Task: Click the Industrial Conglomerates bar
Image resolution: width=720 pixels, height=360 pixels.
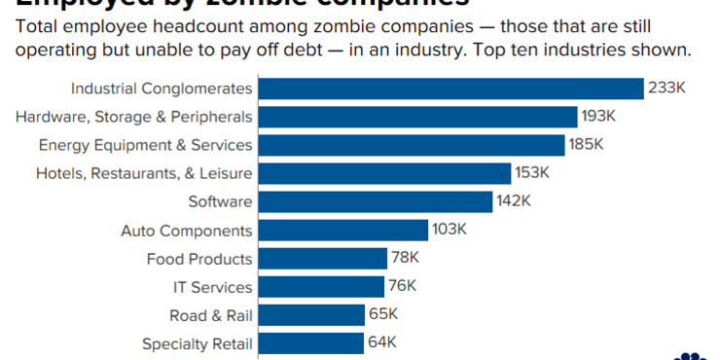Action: click(451, 89)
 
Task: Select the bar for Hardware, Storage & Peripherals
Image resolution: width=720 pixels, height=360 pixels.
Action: click(418, 117)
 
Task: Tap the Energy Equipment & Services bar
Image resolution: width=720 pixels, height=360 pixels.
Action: click(413, 145)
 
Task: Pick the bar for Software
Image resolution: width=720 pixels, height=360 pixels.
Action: click(376, 201)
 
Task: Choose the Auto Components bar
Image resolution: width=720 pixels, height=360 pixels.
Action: click(343, 231)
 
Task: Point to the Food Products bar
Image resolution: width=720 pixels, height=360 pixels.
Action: click(323, 259)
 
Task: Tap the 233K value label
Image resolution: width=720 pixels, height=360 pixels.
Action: click(667, 89)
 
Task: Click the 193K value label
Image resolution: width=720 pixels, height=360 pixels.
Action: click(599, 117)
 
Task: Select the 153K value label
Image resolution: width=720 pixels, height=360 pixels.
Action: click(533, 173)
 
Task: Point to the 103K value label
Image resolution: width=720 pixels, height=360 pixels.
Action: click(450, 231)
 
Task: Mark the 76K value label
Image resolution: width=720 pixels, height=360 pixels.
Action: click(402, 287)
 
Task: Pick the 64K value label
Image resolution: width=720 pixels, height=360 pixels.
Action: click(382, 343)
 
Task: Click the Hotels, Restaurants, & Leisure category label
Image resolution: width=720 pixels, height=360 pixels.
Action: click(144, 173)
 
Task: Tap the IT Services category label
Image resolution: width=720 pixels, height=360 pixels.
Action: click(212, 287)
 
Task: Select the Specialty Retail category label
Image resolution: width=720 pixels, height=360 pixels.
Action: click(198, 343)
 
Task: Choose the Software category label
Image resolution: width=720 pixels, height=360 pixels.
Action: click(220, 201)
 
